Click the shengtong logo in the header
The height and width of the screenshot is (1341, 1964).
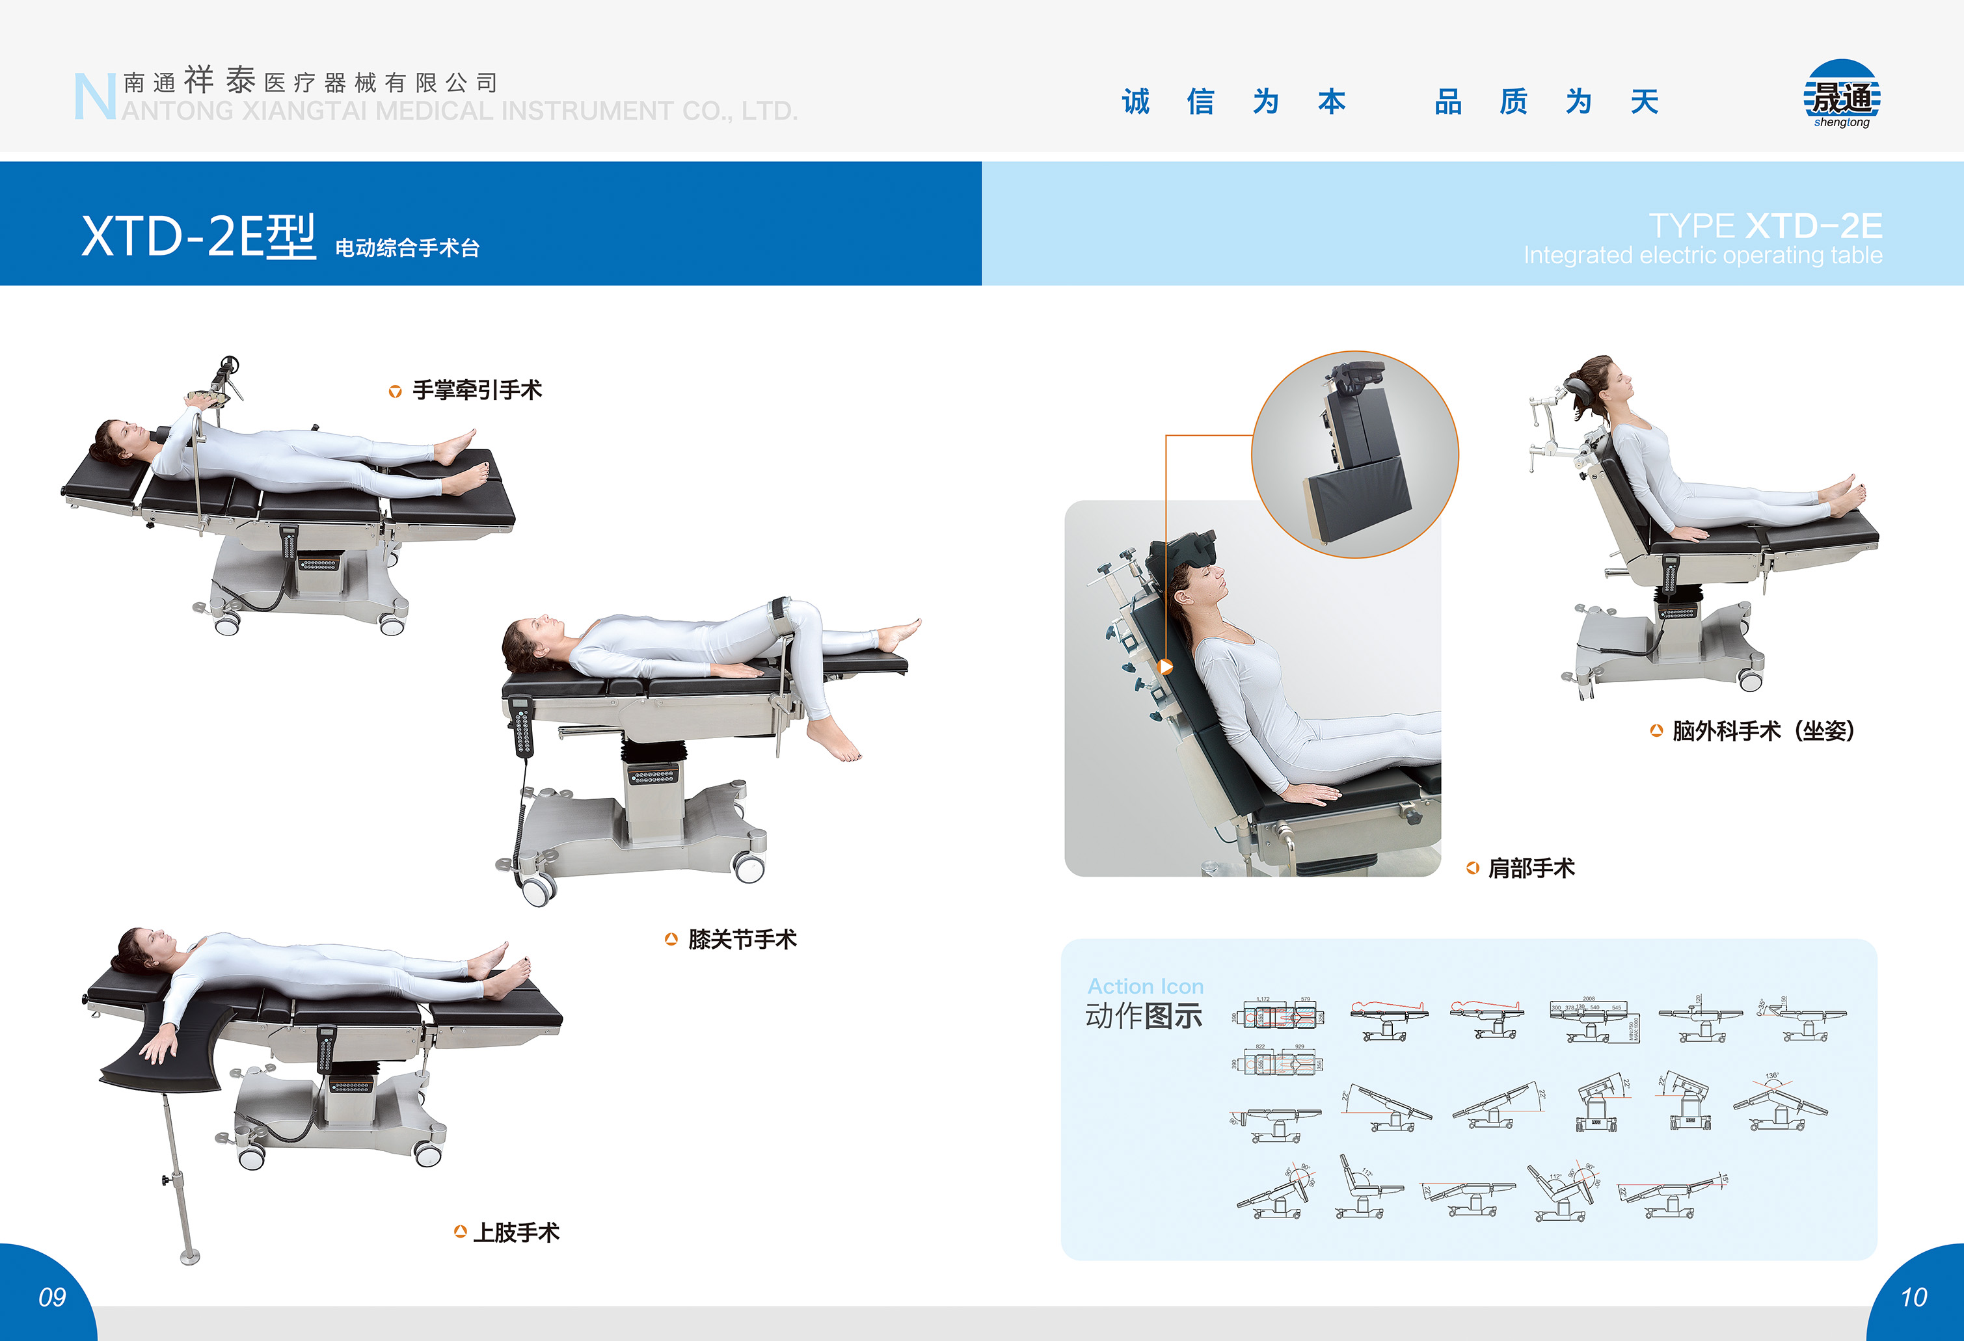click(x=1842, y=95)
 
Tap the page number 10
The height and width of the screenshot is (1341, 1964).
click(x=1913, y=1297)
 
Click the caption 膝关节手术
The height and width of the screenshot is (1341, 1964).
click(x=741, y=939)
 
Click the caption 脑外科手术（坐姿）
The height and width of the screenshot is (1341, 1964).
click(x=1763, y=730)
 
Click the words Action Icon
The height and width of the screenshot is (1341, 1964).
click(x=1145, y=986)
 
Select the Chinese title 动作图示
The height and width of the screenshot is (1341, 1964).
click(x=1144, y=1016)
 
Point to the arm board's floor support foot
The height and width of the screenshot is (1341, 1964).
click(x=189, y=1256)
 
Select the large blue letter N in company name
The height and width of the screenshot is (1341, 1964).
click(x=94, y=96)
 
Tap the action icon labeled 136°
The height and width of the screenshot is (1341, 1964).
click(x=1779, y=1104)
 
